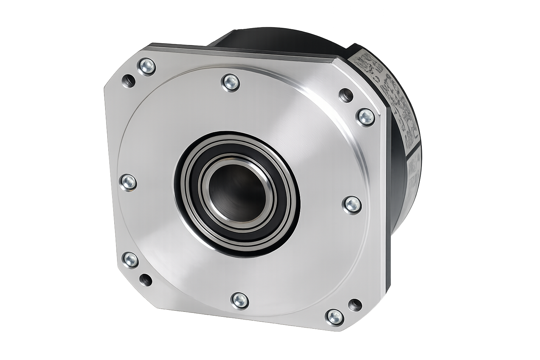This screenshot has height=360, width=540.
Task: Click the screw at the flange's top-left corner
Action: [x=146, y=66]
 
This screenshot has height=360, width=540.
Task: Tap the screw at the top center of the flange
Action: [x=231, y=83]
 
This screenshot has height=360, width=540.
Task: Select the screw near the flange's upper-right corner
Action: [x=366, y=117]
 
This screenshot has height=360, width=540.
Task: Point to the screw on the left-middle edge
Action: [x=128, y=182]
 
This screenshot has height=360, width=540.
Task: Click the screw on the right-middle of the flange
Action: [x=352, y=205]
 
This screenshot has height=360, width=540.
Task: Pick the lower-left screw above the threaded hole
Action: [x=130, y=260]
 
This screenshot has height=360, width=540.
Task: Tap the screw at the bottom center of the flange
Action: [x=240, y=301]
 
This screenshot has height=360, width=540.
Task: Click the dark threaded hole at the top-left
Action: [x=129, y=81]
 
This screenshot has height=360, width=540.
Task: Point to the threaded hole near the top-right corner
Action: [x=346, y=95]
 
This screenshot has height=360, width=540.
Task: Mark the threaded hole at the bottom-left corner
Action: [x=146, y=280]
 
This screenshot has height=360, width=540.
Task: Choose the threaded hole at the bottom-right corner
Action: [x=355, y=304]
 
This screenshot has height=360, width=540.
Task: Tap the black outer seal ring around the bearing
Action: [x=183, y=211]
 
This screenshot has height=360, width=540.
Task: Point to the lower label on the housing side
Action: [x=414, y=169]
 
